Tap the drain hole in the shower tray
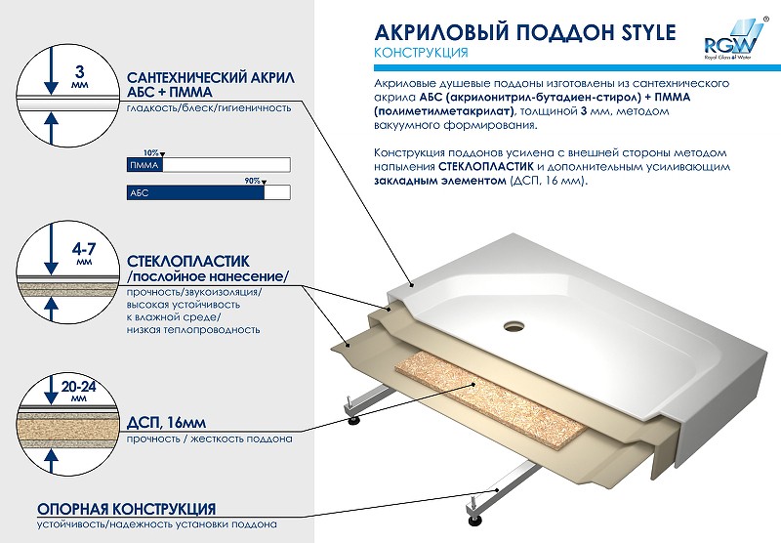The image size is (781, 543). pyautogui.click(x=514, y=326)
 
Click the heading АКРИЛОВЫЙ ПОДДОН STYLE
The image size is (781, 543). pyautogui.click(x=524, y=32)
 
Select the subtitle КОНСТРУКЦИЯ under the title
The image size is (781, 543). pyautogui.click(x=421, y=53)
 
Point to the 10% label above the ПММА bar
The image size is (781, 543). pyautogui.click(x=150, y=153)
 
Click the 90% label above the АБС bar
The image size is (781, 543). pyautogui.click(x=252, y=181)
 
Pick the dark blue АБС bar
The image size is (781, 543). pyautogui.click(x=195, y=192)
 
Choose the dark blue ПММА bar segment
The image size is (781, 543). pyautogui.click(x=144, y=165)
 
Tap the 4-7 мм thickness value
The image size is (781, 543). pyautogui.click(x=84, y=252)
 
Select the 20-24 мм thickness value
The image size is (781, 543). pyautogui.click(x=79, y=391)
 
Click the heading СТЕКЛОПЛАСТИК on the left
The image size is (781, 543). pyautogui.click(x=188, y=262)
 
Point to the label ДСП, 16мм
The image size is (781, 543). pyautogui.click(x=166, y=423)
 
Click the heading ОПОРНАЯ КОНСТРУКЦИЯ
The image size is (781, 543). pyautogui.click(x=127, y=509)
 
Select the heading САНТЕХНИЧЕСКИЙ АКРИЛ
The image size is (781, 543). pyautogui.click(x=211, y=78)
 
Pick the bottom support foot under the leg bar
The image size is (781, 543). pyautogui.click(x=473, y=520)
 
